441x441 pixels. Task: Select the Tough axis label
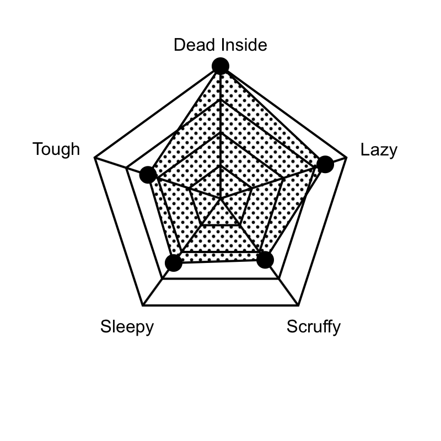pos(56,149)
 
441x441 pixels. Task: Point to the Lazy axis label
pos(379,150)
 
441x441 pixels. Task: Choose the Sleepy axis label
pos(127,327)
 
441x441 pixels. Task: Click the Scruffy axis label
pos(314,327)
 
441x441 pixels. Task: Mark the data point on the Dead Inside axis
pos(220,66)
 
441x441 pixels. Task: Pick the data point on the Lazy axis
pos(325,164)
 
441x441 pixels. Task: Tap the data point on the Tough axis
pos(148,175)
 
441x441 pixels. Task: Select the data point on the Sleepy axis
pos(174,263)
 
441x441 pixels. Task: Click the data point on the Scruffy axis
pos(265,260)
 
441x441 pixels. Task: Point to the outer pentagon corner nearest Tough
pos(95,158)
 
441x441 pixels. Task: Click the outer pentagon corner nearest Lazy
pos(346,158)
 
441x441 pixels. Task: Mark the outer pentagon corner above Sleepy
pos(143,305)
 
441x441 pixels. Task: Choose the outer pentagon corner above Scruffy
pos(298,305)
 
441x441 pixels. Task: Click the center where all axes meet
pos(220,198)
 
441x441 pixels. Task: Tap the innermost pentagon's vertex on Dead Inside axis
pos(220,166)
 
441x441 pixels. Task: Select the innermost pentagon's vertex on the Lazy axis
pos(252,189)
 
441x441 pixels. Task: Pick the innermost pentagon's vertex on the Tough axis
pos(189,189)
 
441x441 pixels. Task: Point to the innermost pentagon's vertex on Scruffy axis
pos(240,225)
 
